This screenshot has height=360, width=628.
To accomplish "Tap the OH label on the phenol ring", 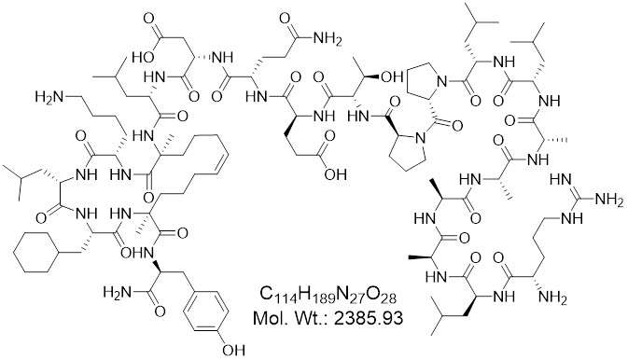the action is point(233,351).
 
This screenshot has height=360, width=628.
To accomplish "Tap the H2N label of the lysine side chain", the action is point(48,97).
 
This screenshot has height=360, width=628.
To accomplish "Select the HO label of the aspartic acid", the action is point(143,58).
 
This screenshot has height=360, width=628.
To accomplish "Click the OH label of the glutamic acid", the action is point(335,174).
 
